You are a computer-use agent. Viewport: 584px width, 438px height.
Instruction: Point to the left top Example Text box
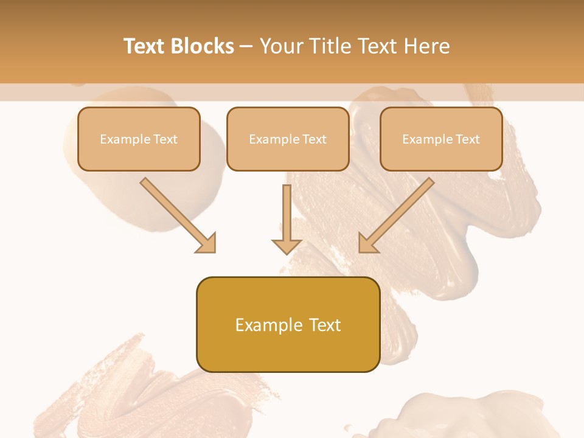click(139, 139)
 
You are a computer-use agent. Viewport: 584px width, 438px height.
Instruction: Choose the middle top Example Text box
click(288, 139)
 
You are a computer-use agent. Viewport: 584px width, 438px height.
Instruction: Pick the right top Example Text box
click(441, 139)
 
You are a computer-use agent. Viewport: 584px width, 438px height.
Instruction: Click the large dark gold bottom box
click(288, 324)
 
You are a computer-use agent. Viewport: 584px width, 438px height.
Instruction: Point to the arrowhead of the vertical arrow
click(287, 245)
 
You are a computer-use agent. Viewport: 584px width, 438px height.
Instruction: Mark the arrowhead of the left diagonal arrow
click(206, 243)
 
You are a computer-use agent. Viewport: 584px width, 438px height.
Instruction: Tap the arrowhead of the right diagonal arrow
click(368, 243)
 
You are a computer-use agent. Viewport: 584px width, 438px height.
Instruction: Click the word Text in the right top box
click(467, 139)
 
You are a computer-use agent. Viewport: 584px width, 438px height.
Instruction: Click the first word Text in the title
click(145, 46)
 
